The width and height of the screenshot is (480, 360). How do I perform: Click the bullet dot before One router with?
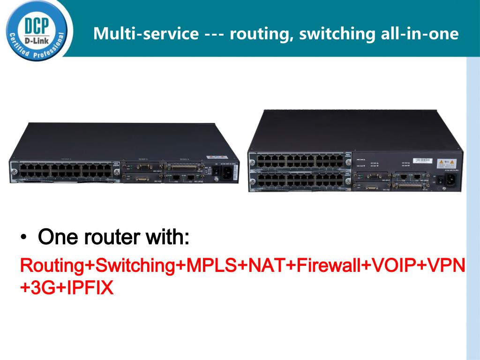[x=23, y=238]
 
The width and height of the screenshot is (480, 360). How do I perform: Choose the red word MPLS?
[x=211, y=265]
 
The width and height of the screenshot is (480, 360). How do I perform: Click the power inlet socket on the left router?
[x=226, y=172]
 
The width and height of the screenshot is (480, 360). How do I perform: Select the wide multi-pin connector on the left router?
[x=184, y=167]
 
